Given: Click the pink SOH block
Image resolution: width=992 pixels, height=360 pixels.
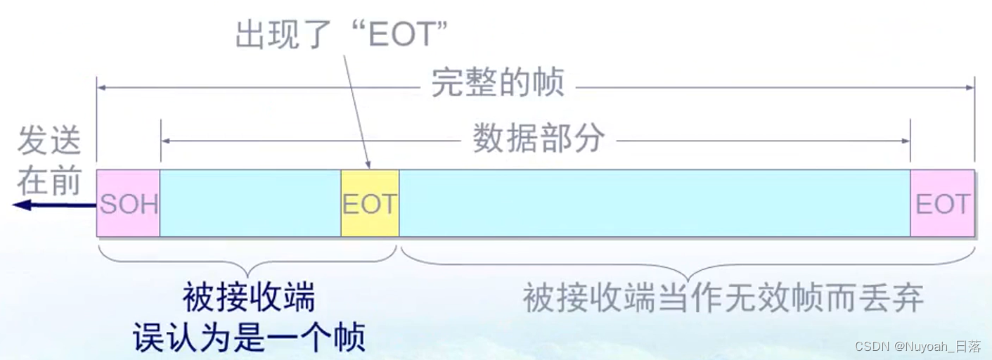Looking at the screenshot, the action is click(x=128, y=203).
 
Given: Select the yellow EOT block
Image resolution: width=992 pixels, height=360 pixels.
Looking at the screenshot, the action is click(x=370, y=203).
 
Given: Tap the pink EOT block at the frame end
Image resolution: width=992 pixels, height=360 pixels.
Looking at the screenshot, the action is click(x=942, y=203).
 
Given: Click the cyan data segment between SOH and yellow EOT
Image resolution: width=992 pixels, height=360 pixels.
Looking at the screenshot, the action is click(x=250, y=203).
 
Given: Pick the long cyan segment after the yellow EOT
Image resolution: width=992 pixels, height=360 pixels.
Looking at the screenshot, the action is click(x=654, y=203).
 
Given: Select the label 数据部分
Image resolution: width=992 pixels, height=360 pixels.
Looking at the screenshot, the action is click(x=538, y=139).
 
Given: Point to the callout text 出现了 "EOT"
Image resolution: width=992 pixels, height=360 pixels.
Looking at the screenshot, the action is click(x=342, y=34).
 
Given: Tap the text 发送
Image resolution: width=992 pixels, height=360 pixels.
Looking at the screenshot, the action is click(x=49, y=141).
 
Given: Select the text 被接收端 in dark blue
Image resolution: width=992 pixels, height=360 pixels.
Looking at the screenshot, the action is click(x=249, y=298).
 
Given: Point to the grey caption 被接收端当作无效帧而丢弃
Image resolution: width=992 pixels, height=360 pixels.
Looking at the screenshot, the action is click(x=723, y=299).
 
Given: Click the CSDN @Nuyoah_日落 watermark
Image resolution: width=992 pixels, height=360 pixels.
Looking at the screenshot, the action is click(x=917, y=346).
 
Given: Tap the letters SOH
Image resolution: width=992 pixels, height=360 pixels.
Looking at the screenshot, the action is click(x=129, y=205).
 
